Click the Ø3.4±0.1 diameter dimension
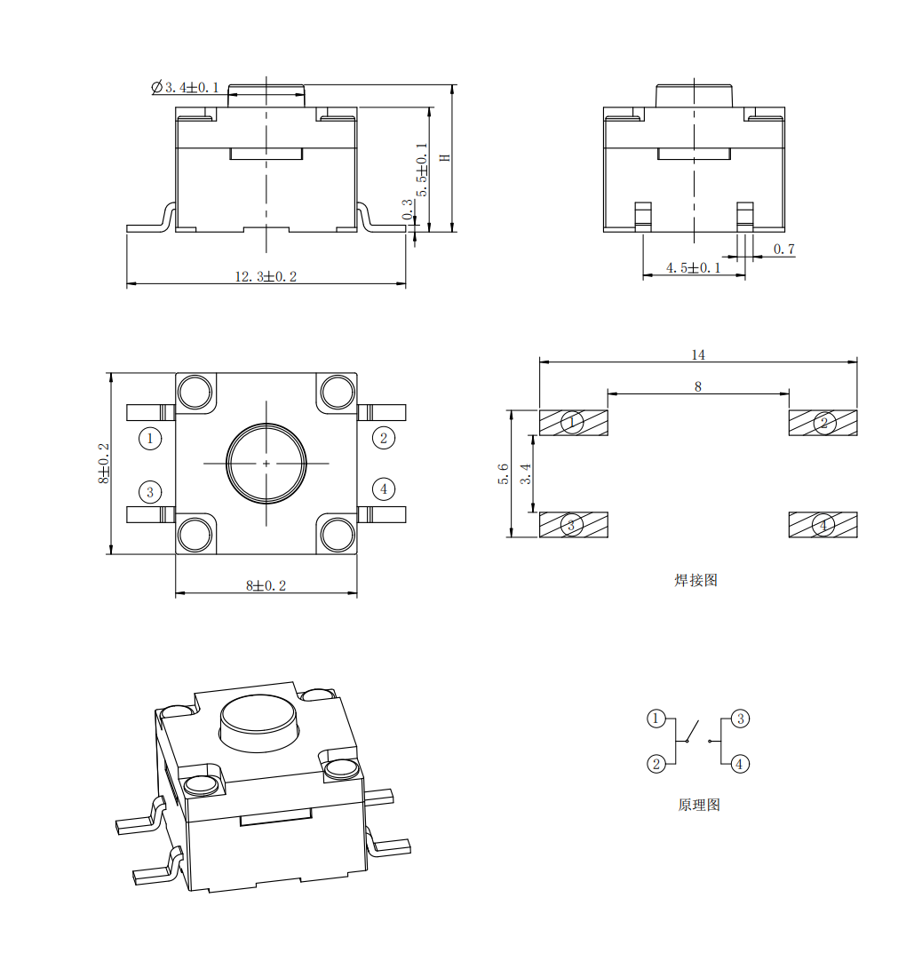click(x=185, y=87)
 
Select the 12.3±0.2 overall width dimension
click(x=266, y=276)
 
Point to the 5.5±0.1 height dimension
click(x=422, y=170)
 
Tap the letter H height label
click(x=446, y=157)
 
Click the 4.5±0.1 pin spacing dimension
click(x=694, y=268)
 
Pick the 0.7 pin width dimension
click(x=783, y=249)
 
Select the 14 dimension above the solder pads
click(x=698, y=355)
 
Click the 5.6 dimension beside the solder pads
click(x=504, y=473)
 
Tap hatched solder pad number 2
click(x=823, y=423)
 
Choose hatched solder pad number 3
click(x=574, y=525)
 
